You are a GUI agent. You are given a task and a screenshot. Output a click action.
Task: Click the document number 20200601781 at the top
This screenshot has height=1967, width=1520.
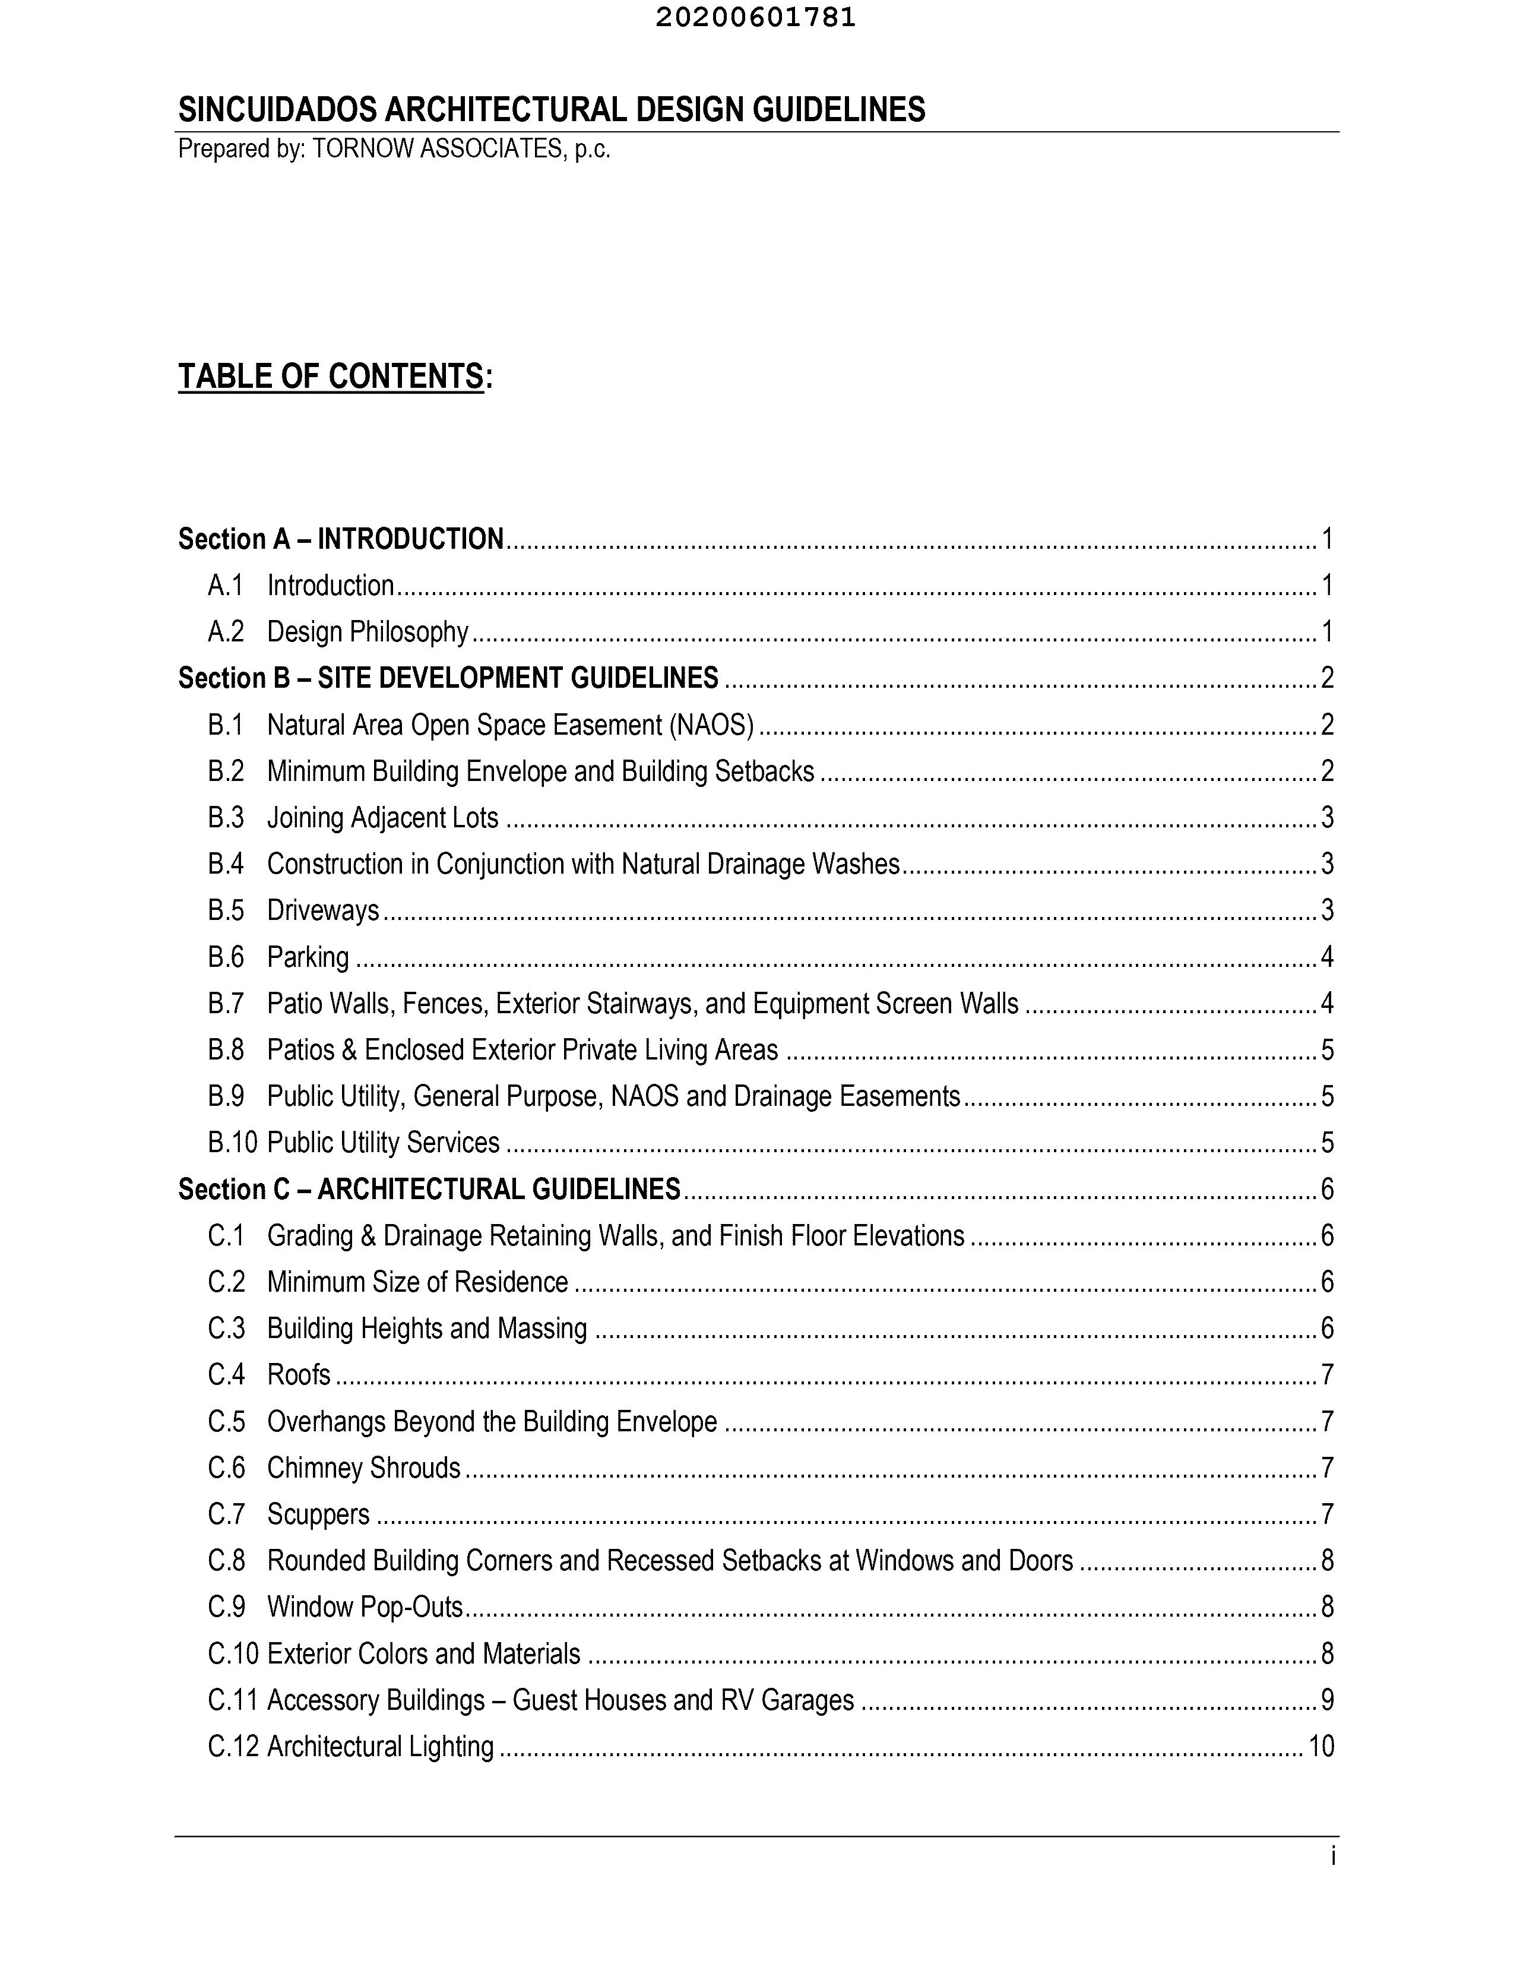tap(755, 18)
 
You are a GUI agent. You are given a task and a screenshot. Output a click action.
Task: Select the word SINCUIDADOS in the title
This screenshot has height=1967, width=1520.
tap(278, 110)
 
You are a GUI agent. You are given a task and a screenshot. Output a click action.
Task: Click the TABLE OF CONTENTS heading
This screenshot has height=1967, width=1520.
tap(331, 377)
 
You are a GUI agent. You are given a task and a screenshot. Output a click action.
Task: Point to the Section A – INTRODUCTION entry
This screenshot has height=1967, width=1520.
tap(340, 539)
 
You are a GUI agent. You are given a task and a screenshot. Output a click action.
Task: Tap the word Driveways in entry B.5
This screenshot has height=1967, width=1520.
tap(323, 910)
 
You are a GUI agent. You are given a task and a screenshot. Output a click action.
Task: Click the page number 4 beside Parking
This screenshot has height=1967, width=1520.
tap(1326, 957)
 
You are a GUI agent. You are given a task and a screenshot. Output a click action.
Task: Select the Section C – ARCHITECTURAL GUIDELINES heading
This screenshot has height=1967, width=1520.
tap(429, 1189)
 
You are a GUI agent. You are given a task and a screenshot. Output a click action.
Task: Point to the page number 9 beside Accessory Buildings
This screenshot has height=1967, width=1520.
tap(1326, 1700)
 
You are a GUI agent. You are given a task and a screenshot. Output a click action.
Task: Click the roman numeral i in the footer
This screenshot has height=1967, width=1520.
tap(1333, 1857)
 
